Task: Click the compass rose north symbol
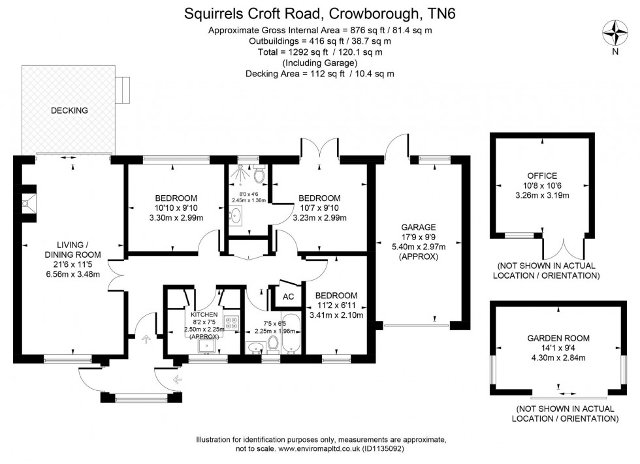click(x=614, y=33)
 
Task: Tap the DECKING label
click(x=69, y=110)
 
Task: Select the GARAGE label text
click(x=418, y=227)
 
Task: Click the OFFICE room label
click(x=542, y=176)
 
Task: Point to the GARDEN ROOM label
click(x=558, y=338)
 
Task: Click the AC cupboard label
click(x=288, y=296)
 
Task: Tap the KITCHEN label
click(x=204, y=314)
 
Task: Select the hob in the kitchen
click(x=231, y=322)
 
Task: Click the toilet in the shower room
click(x=259, y=175)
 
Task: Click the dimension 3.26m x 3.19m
click(x=542, y=195)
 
